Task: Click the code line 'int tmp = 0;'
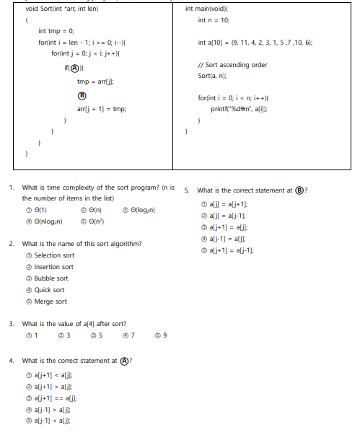[56, 31]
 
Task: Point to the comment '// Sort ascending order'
[232, 65]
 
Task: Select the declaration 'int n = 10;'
[214, 20]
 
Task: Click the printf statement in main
[243, 108]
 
